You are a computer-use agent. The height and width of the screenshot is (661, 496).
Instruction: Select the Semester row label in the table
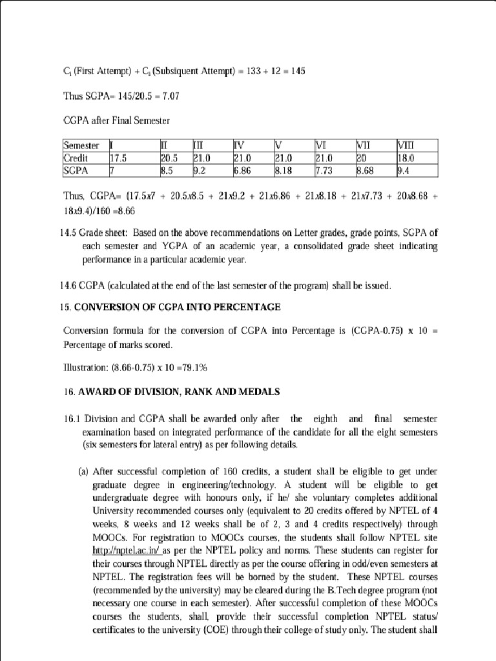[82, 146]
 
